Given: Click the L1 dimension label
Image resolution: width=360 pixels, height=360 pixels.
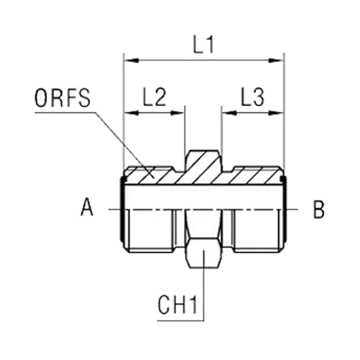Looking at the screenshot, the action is pos(203,44).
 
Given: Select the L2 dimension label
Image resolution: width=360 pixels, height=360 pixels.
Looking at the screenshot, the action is pos(155,97).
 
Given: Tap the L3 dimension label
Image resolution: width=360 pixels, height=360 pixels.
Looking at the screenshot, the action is pos(252,97).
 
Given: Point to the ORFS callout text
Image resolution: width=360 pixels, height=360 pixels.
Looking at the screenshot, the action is pos(63,98).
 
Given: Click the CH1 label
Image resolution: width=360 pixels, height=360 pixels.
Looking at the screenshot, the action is pos(177,305).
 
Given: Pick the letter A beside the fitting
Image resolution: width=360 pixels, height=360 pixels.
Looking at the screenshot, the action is pos(86,207).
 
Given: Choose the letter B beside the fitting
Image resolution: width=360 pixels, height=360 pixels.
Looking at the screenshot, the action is pos(319,210).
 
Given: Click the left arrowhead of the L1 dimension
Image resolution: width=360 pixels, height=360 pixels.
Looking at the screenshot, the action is pos(131,60).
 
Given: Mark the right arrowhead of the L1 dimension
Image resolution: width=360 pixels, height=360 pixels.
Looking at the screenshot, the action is pos(276,60).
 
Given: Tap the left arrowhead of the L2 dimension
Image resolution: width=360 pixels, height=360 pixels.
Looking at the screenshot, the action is pos(131,113).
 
